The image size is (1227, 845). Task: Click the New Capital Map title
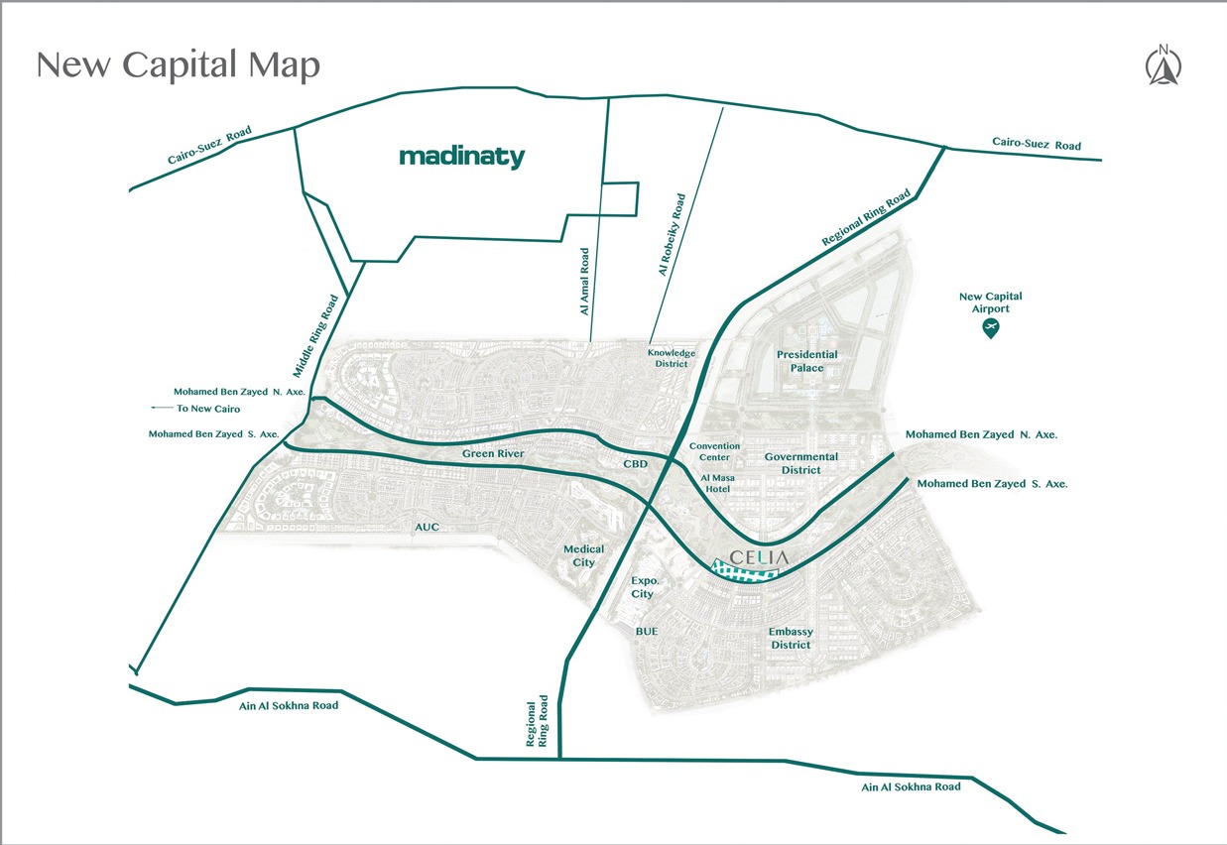point(178,65)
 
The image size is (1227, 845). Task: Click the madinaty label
point(461,157)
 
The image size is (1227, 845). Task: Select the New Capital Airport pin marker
point(990,328)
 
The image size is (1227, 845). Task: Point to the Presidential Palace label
point(806,361)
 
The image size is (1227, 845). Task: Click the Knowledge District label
point(672,358)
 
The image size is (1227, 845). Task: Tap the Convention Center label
point(714,452)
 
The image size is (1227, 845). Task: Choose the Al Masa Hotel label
point(716,483)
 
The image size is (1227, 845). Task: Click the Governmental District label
point(800,463)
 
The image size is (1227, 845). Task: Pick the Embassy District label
point(791,639)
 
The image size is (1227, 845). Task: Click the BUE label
point(647,631)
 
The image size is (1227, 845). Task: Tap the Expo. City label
point(643,587)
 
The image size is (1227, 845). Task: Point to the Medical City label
point(583,555)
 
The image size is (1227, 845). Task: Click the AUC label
point(428,527)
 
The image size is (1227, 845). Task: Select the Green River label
point(492,454)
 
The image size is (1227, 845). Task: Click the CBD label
point(635,464)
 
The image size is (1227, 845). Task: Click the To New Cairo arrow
point(158,408)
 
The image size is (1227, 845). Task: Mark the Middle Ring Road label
point(321,335)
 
